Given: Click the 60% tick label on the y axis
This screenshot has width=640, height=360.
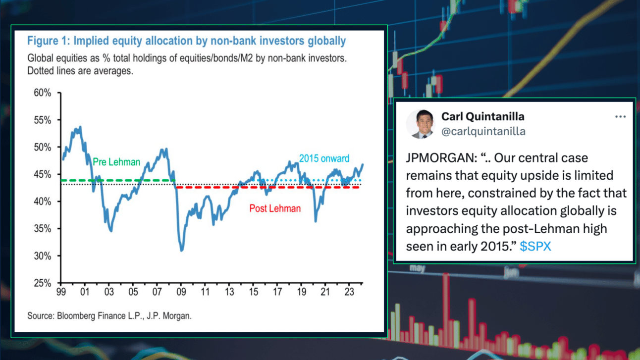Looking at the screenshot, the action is (42, 93).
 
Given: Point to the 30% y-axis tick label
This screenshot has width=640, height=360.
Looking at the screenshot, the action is (42, 256).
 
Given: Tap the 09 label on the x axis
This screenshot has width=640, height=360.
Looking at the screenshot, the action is (181, 292).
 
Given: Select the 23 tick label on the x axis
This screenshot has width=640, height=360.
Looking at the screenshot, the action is (349, 292).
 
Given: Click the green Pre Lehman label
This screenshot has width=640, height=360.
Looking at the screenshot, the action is (116, 162).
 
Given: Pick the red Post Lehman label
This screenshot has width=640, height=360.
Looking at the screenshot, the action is (275, 208).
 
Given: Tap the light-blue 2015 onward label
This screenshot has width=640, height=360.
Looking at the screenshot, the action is (324, 158).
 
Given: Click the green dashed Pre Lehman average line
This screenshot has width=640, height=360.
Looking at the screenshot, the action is (118, 180).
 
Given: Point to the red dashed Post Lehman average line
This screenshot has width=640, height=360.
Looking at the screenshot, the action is (267, 188).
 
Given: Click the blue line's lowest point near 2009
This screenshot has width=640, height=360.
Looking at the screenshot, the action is (182, 251).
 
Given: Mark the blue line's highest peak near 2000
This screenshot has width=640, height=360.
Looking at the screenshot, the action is (81, 127).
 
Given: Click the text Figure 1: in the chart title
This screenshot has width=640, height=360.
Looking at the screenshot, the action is (49, 41).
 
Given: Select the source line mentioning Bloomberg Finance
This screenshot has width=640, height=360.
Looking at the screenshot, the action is (109, 316).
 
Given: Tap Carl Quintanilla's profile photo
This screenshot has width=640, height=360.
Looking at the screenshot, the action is (421, 124).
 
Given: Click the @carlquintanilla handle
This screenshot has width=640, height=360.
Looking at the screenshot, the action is (483, 131).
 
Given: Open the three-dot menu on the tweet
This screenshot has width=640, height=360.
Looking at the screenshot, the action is (620, 116).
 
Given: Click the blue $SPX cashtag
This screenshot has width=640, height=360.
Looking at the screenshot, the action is (535, 246).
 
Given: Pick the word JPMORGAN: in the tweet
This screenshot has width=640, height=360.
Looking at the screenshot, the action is (441, 157).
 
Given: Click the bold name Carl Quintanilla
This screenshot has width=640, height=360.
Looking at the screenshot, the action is (483, 116).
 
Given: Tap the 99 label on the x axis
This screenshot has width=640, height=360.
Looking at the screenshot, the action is (61, 292).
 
